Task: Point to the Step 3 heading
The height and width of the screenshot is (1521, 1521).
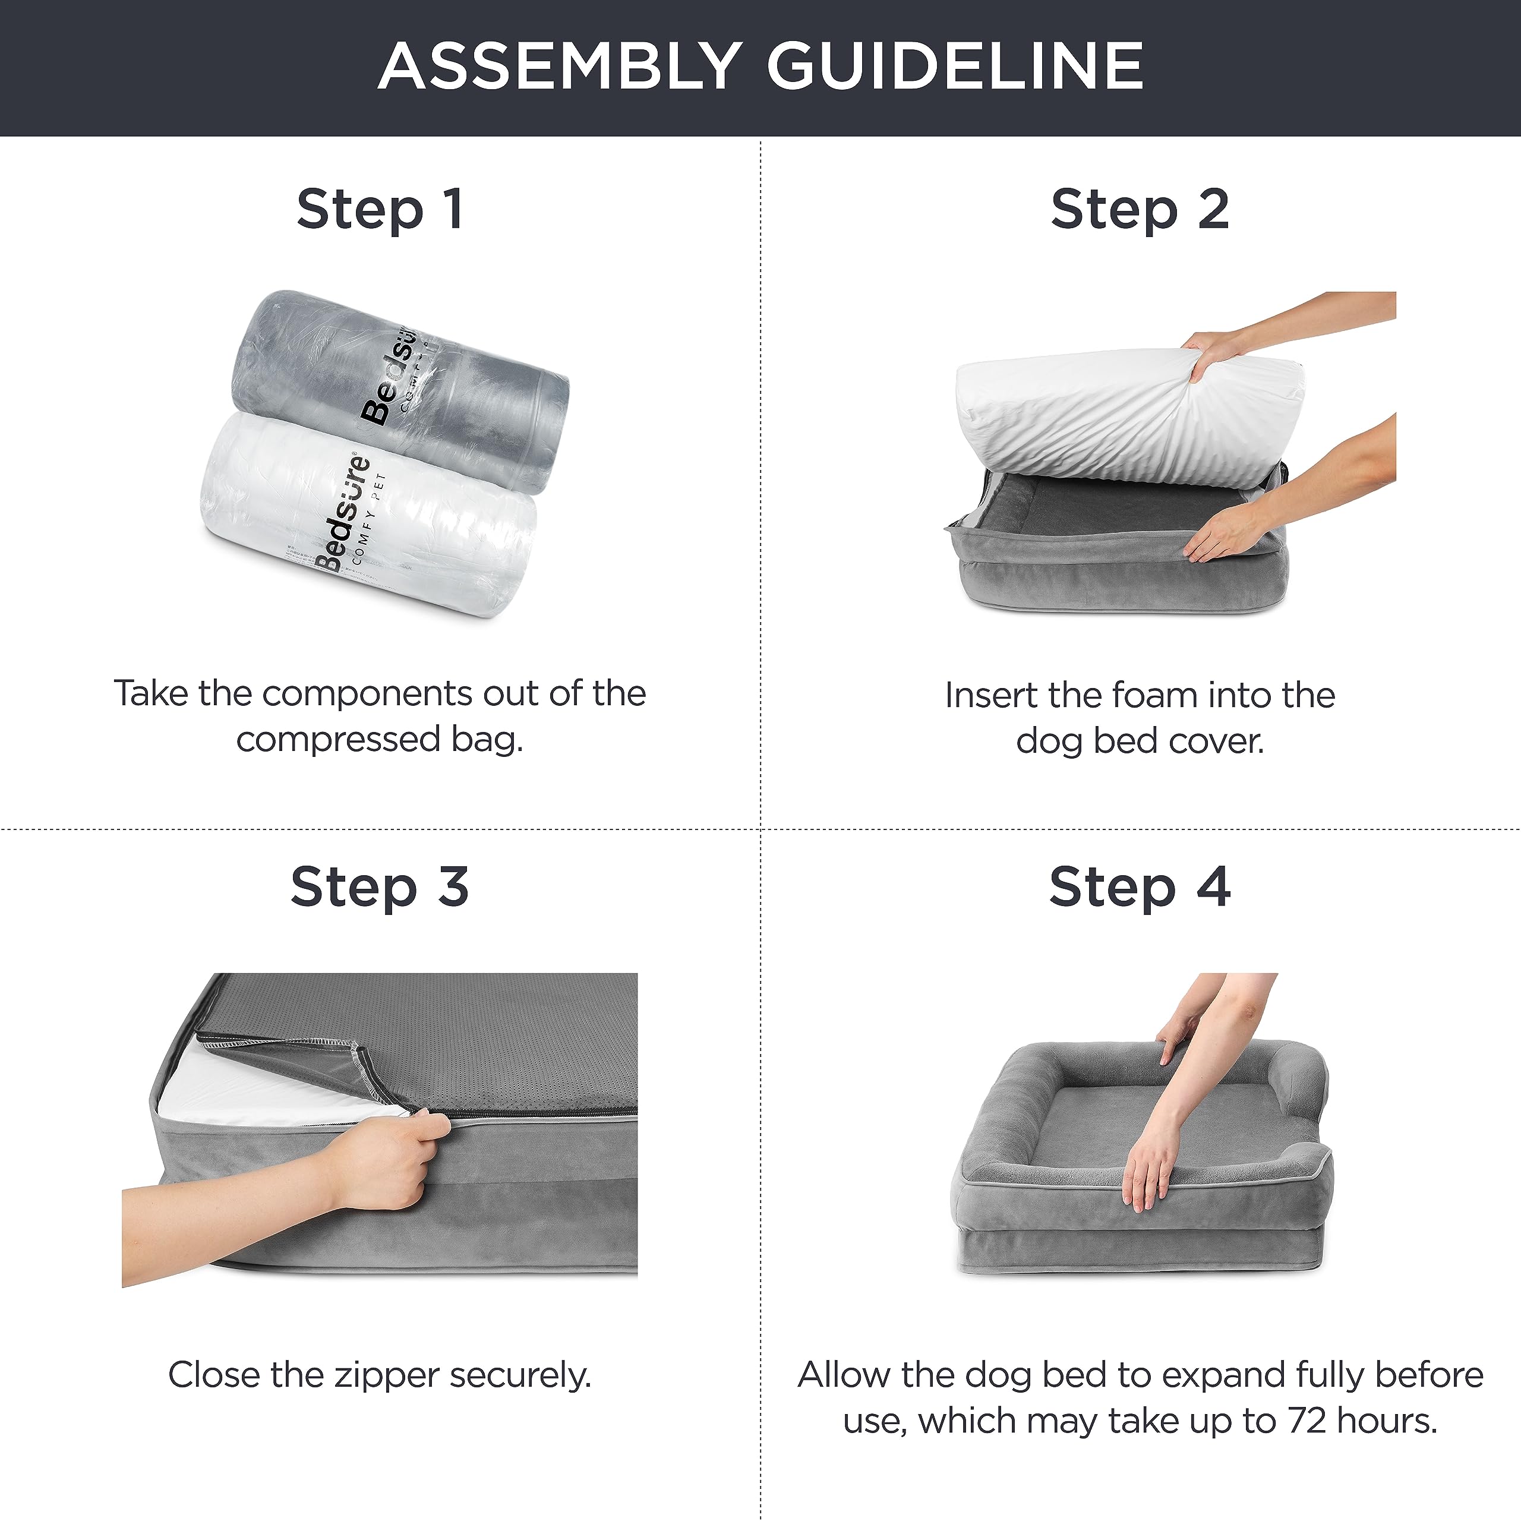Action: pyautogui.click(x=380, y=887)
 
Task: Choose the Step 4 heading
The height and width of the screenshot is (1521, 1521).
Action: pyautogui.click(x=1139, y=887)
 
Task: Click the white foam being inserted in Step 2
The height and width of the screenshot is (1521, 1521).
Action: pyautogui.click(x=1102, y=417)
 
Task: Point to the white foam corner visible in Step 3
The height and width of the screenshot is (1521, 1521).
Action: pyautogui.click(x=236, y=1087)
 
